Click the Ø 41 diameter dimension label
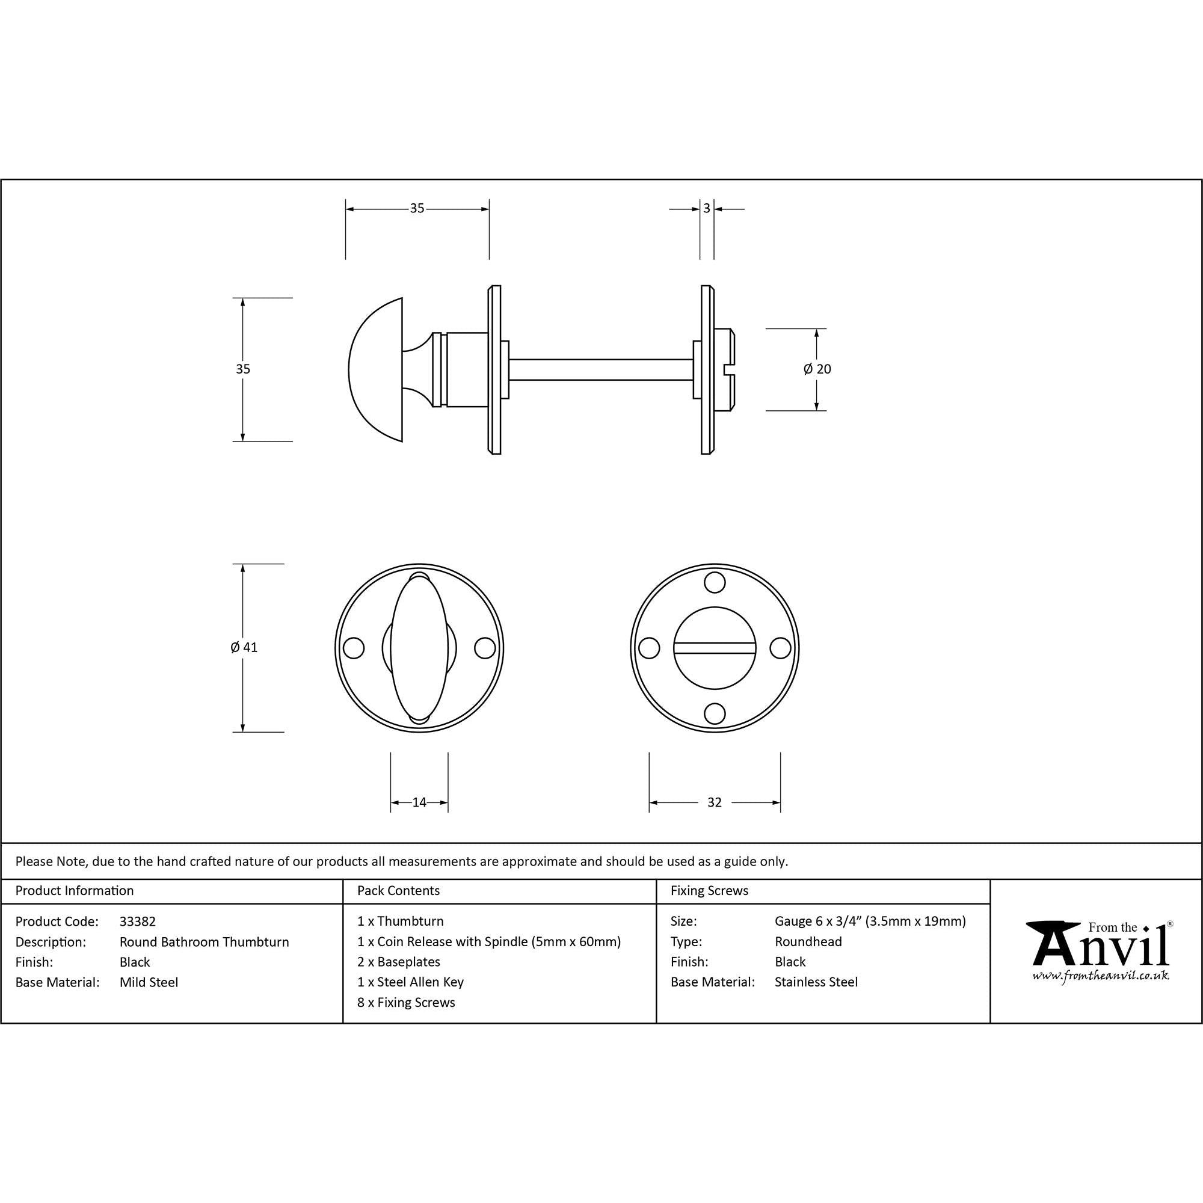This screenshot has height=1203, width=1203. pyautogui.click(x=244, y=648)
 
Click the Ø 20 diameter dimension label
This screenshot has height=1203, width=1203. pyautogui.click(x=817, y=369)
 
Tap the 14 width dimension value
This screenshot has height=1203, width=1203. pyautogui.click(x=419, y=802)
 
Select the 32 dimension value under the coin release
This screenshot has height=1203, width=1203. pyautogui.click(x=714, y=802)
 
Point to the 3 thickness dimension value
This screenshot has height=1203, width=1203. pyautogui.click(x=707, y=209)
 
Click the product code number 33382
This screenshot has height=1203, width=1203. pyautogui.click(x=138, y=921)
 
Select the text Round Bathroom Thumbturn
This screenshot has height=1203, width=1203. pyautogui.click(x=205, y=942)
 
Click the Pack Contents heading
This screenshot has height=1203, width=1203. pyautogui.click(x=399, y=891)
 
